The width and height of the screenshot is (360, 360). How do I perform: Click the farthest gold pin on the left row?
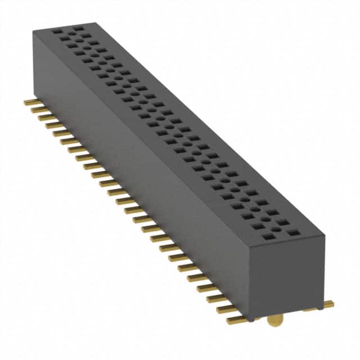click(30, 102)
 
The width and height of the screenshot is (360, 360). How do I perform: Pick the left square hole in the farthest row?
click(57, 32)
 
